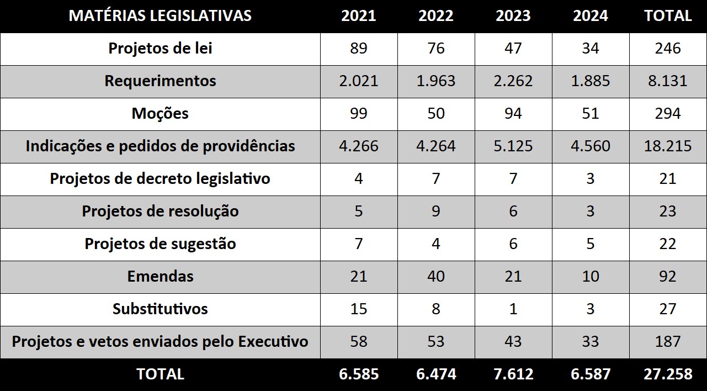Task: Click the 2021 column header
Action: pyautogui.click(x=359, y=15)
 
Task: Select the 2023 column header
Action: pyautogui.click(x=513, y=15)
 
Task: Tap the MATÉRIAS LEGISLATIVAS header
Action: pyautogui.click(x=160, y=15)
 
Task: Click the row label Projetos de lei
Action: pyautogui.click(x=160, y=48)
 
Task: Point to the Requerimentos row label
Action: pyautogui.click(x=160, y=81)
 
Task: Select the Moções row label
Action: pyautogui.click(x=160, y=113)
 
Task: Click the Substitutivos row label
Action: pyautogui.click(x=160, y=309)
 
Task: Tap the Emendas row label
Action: pyautogui.click(x=160, y=276)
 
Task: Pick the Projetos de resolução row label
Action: pyautogui.click(x=160, y=211)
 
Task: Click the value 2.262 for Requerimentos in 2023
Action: pyautogui.click(x=513, y=81)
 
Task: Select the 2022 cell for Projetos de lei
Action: pyautogui.click(x=436, y=48)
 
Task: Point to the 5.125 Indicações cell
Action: pyautogui.click(x=513, y=146)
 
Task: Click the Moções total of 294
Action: pyautogui.click(x=668, y=113)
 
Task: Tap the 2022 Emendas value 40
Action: pyautogui.click(x=436, y=276)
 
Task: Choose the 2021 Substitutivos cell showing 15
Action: pyautogui.click(x=359, y=309)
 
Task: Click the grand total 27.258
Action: pyautogui.click(x=668, y=374)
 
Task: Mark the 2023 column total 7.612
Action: pyautogui.click(x=513, y=374)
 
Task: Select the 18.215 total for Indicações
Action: pyautogui.click(x=668, y=146)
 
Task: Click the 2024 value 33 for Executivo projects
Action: pyautogui.click(x=591, y=341)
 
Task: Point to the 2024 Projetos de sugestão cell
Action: pyautogui.click(x=591, y=244)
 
